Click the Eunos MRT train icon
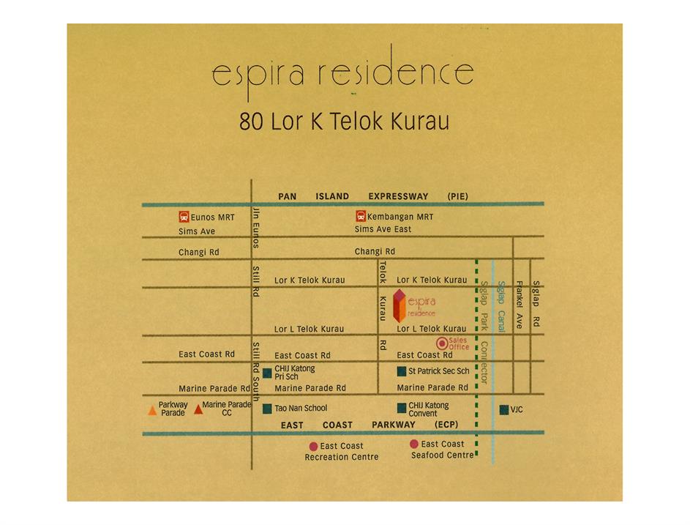click(x=184, y=217)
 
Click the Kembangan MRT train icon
click(x=361, y=216)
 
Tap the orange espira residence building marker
click(x=399, y=305)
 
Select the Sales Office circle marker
click(x=442, y=343)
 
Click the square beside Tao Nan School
click(x=267, y=409)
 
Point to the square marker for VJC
click(x=504, y=409)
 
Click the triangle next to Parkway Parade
click(x=152, y=411)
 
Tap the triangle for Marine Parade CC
click(x=198, y=409)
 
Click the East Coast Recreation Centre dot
click(x=313, y=447)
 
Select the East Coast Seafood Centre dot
click(x=414, y=444)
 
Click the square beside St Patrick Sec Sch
click(x=401, y=371)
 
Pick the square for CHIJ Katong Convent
click(x=402, y=409)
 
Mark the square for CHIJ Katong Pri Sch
click(x=267, y=373)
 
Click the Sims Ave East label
click(x=383, y=229)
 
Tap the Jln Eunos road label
click(x=255, y=228)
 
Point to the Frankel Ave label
click(x=520, y=305)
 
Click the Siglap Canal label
click(x=501, y=306)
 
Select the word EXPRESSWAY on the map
click(x=398, y=196)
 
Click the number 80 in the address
click(x=251, y=122)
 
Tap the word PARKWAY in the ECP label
click(x=394, y=425)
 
